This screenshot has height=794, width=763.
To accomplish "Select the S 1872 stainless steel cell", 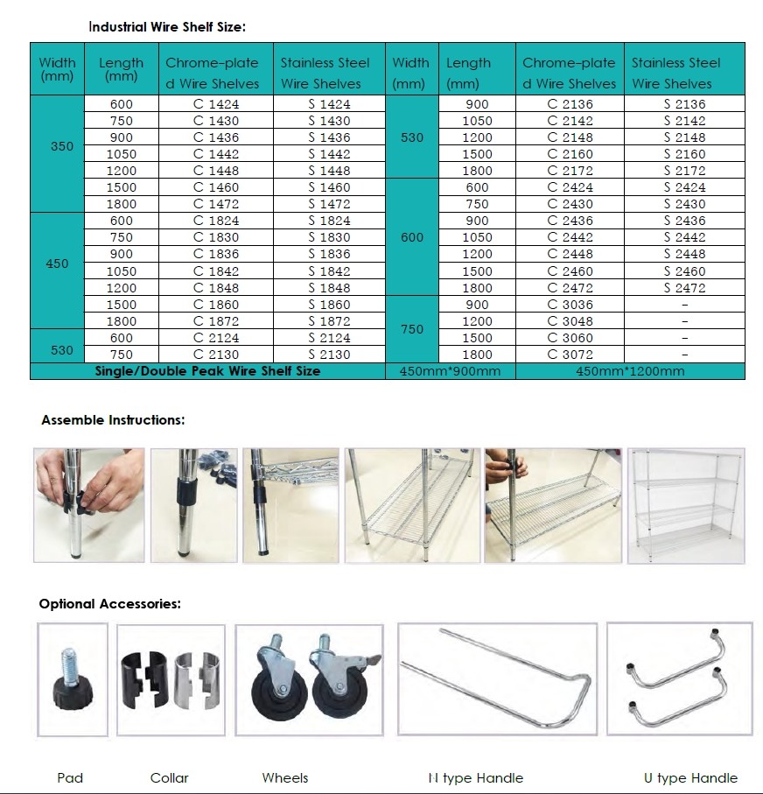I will [x=329, y=321].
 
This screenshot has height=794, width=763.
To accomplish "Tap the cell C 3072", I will [x=570, y=355].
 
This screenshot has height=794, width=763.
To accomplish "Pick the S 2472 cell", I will [x=684, y=288].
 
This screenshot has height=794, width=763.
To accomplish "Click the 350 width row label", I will [x=62, y=146].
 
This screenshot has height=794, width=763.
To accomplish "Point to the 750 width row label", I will [x=411, y=329].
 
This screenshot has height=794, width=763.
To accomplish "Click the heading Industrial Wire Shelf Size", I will [x=167, y=27].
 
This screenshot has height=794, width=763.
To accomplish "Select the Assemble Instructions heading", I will [x=113, y=420].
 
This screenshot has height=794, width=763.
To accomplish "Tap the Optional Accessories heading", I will [x=109, y=604].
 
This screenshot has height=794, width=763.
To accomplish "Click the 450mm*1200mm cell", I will [x=630, y=371].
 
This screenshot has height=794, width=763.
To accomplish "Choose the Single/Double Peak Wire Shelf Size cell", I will [x=207, y=371].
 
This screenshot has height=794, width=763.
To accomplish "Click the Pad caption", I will [x=70, y=777].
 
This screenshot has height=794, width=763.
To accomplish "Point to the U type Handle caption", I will [x=690, y=777].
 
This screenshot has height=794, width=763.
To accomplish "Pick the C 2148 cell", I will [x=570, y=137].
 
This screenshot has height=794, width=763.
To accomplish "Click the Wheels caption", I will [x=284, y=777].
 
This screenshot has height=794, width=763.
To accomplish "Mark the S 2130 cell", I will [x=329, y=355].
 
